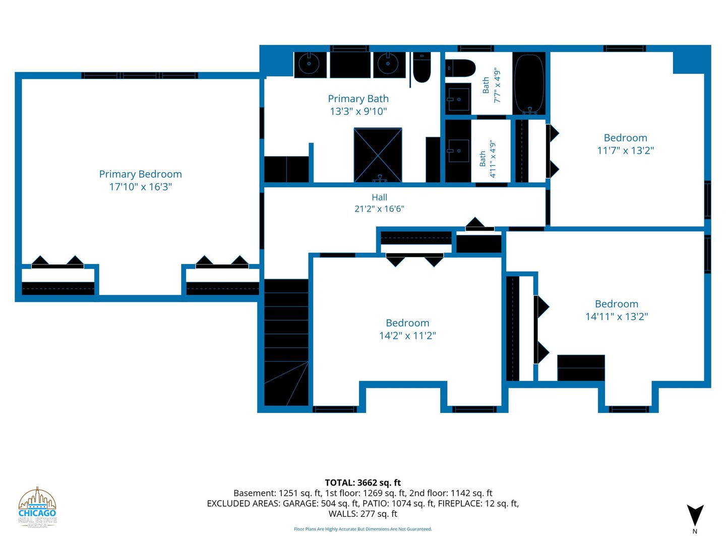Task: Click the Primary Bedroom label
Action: (x=140, y=174)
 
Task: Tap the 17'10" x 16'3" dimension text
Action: (x=141, y=186)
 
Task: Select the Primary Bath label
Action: (x=358, y=99)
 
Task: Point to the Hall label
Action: (x=379, y=197)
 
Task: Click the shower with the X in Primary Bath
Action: (x=378, y=155)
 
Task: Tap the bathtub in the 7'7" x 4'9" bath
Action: (x=529, y=84)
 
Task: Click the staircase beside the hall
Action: (x=286, y=342)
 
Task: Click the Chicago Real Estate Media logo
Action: (x=37, y=508)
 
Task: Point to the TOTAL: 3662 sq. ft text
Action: (x=363, y=483)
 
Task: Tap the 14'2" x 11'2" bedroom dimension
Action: (x=407, y=335)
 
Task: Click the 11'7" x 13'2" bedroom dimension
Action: (x=626, y=150)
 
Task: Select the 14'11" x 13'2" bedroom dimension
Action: (x=617, y=316)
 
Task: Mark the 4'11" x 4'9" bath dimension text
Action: (x=493, y=159)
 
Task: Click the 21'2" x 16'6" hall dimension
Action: (x=379, y=209)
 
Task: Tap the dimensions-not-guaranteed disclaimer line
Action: (x=363, y=529)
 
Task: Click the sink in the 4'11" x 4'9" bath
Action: (x=458, y=151)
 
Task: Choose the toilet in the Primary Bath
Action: (x=422, y=67)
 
